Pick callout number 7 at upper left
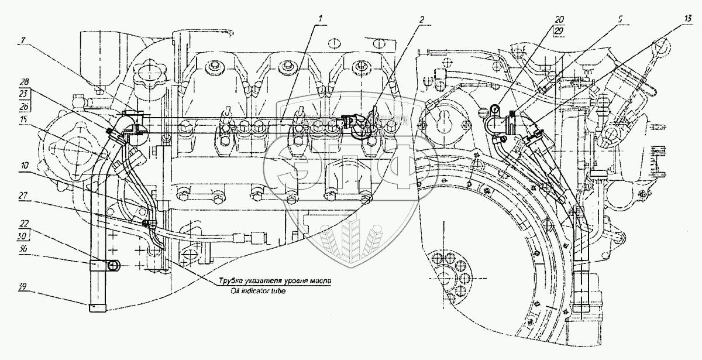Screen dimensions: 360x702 22,42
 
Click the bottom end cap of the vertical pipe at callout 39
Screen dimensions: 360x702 97,308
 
